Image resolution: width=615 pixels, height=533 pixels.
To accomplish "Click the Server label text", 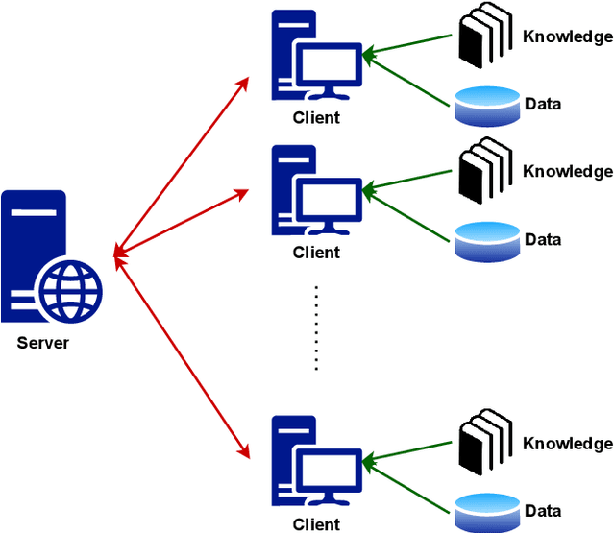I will coord(42,343).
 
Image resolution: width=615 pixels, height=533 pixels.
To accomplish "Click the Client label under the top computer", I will coord(316,118).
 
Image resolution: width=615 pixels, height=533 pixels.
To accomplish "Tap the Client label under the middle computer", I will coord(316,253).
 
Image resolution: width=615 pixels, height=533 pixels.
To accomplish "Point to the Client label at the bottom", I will coord(316,524).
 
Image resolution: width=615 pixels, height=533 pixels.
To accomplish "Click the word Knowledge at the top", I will coord(567,36).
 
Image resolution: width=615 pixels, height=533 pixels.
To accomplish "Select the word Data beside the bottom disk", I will coord(543,511).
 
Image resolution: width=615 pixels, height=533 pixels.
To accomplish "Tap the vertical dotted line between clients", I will coord(316,327).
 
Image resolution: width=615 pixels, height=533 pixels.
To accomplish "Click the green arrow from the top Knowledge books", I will coord(408,45).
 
